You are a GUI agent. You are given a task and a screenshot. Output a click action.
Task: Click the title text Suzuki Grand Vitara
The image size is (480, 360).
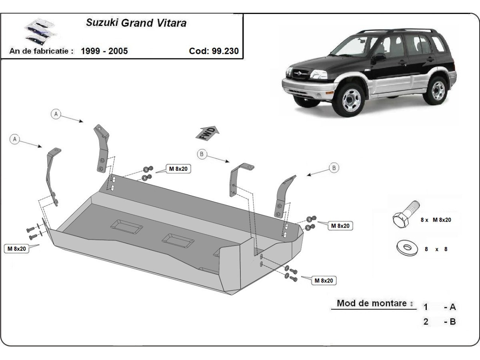coord(136,23)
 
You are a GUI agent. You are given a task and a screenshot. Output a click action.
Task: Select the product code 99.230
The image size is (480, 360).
coord(214,51)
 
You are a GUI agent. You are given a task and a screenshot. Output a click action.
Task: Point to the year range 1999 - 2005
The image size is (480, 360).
coord(104,51)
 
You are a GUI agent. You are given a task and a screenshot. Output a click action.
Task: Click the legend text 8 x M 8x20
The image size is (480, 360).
coord(436,220)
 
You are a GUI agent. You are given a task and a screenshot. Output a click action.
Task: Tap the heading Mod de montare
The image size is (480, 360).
coord(372,303)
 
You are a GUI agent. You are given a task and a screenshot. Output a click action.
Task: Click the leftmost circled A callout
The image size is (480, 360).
coord(15,139)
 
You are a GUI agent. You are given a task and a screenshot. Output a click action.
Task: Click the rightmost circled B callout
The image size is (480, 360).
coord(334,168)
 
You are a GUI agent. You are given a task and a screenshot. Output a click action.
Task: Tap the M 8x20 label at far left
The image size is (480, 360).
coord(17,248)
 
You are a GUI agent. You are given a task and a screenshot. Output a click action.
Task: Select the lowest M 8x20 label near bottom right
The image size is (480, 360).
coord(324,281)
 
